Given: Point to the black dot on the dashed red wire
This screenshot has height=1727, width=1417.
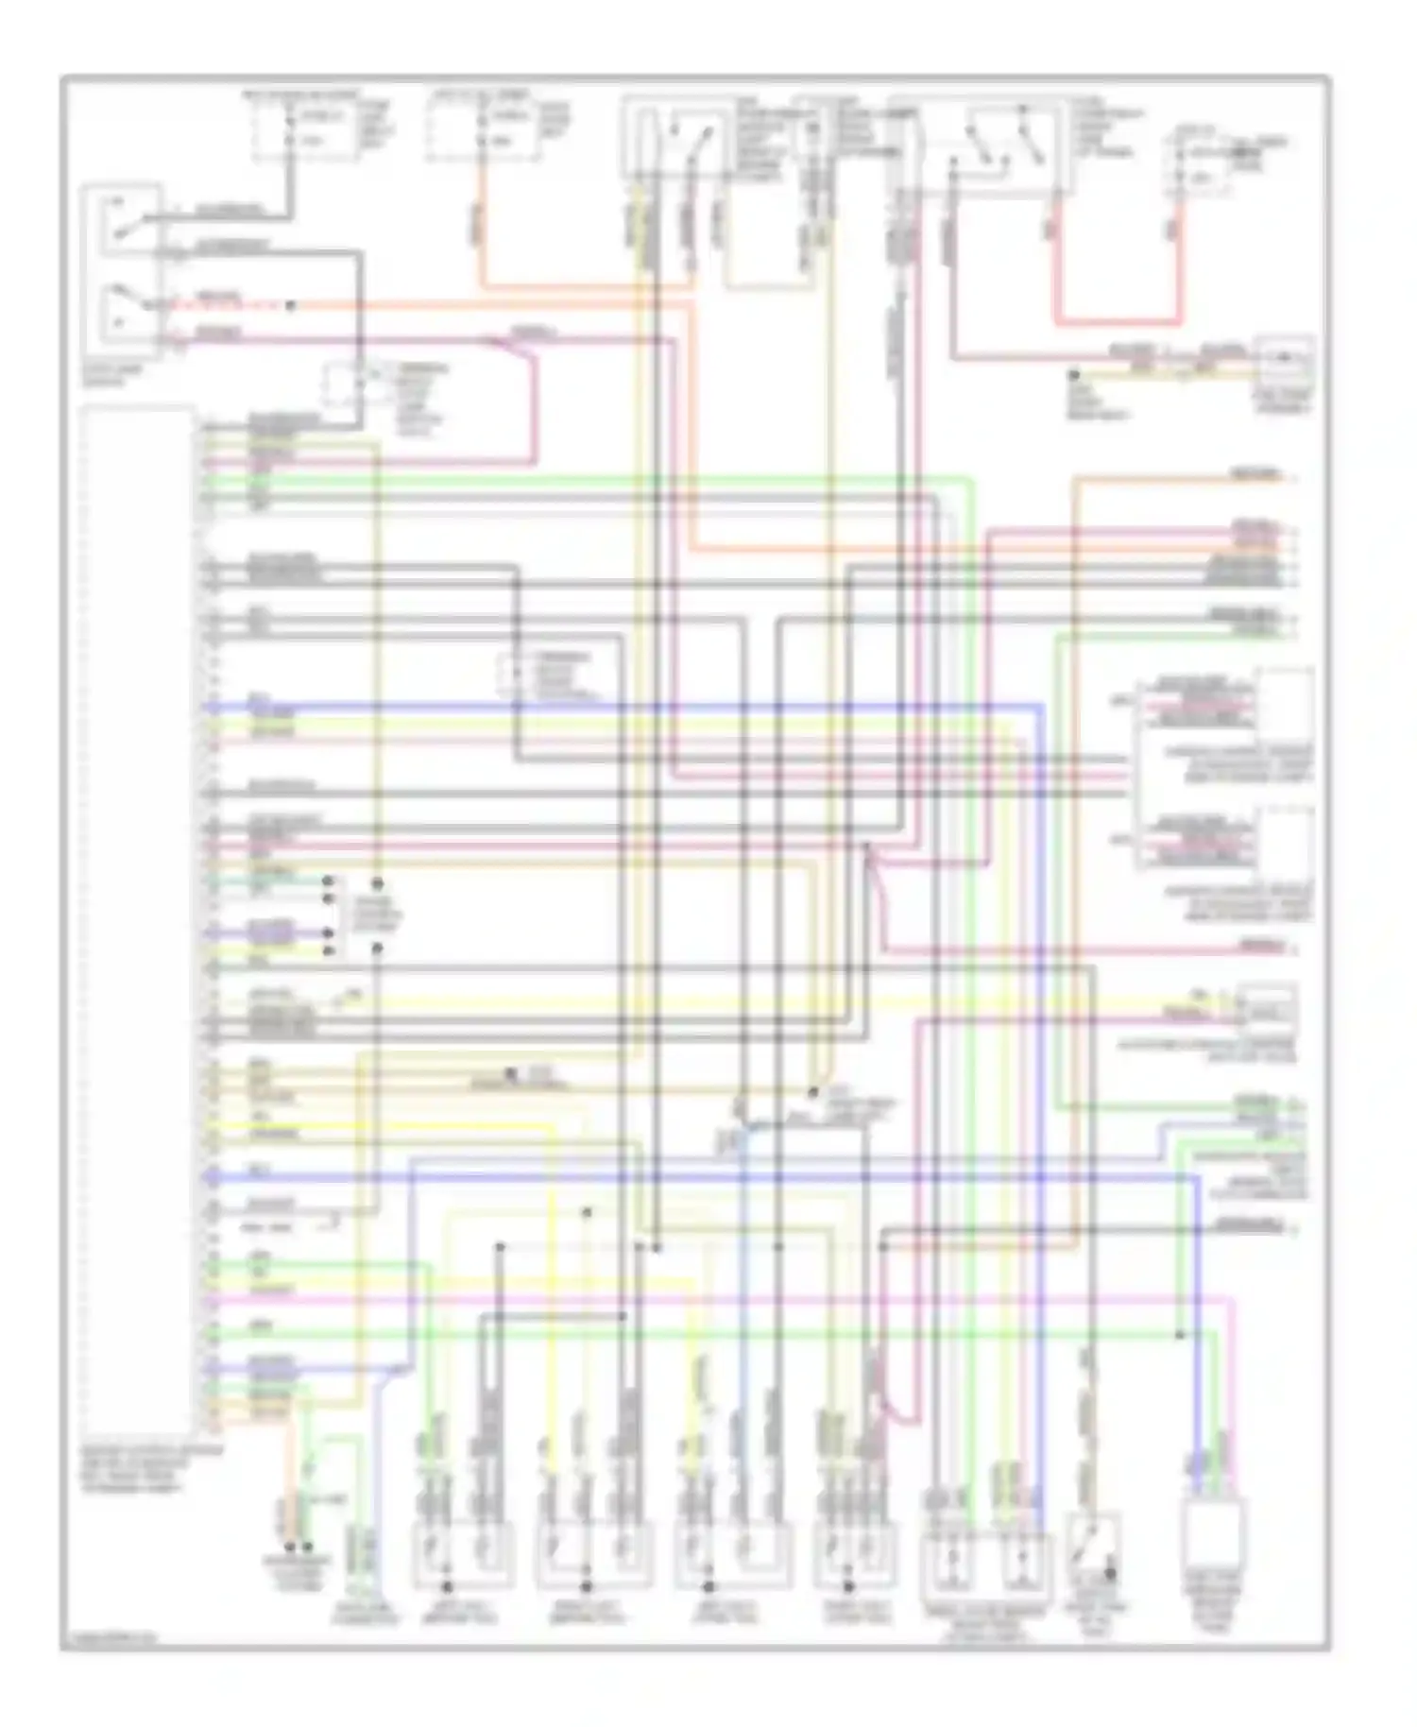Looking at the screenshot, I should pos(291,305).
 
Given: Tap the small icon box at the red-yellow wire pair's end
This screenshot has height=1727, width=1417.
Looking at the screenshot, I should pos(1284,363).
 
